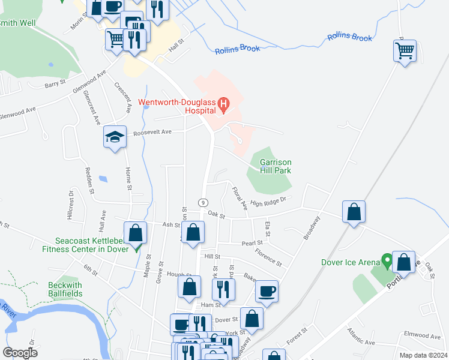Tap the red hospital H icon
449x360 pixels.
pyautogui.click(x=224, y=106)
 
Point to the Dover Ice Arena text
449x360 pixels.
pyautogui.click(x=351, y=262)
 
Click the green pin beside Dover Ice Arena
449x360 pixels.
pyautogui.click(x=388, y=262)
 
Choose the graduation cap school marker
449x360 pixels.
pyautogui.click(x=114, y=137)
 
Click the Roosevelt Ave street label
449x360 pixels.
pyautogui.click(x=152, y=132)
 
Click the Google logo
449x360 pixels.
pyautogui.click(x=20, y=353)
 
